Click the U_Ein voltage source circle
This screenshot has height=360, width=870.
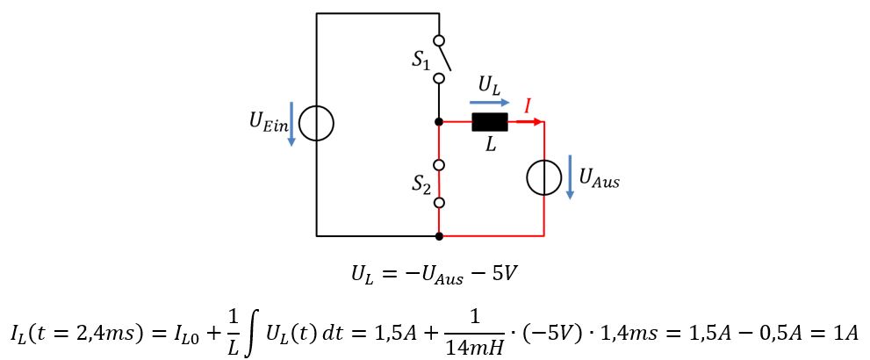point(316,124)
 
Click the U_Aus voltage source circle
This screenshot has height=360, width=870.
point(543,178)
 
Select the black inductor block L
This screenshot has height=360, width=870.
point(489,122)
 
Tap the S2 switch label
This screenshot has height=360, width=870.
point(421,184)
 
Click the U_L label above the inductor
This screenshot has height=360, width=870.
point(490,85)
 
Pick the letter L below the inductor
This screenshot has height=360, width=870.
point(491,145)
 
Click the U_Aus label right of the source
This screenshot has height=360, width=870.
point(599,179)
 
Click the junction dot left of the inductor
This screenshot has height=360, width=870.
point(439,122)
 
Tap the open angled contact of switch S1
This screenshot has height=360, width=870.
point(444,58)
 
